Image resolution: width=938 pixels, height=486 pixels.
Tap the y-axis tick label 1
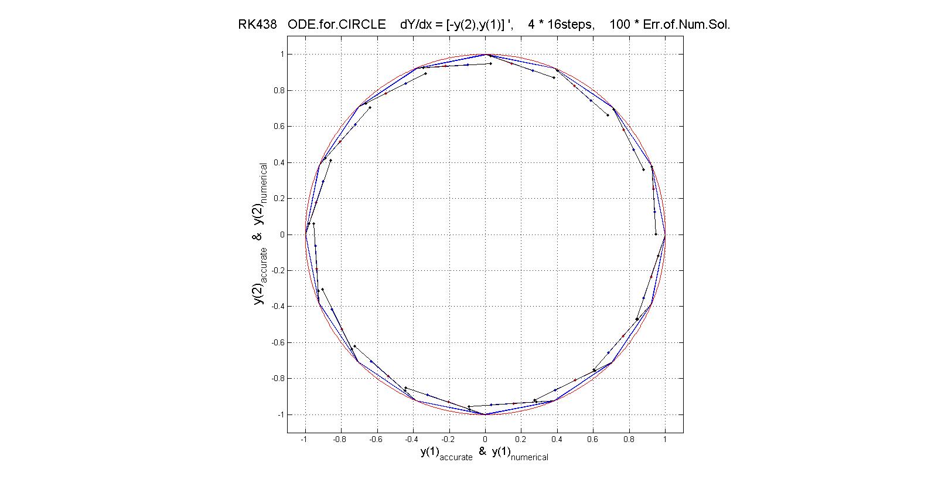pyautogui.click(x=281, y=55)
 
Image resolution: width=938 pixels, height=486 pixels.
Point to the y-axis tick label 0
pyautogui.click(x=281, y=234)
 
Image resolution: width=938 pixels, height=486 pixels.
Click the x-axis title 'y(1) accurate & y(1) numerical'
pyautogui.click(x=484, y=453)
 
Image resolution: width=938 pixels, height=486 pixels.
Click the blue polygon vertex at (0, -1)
pyautogui.click(x=485, y=414)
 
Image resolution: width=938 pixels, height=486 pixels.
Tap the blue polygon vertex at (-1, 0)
pyautogui.click(x=305, y=234)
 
